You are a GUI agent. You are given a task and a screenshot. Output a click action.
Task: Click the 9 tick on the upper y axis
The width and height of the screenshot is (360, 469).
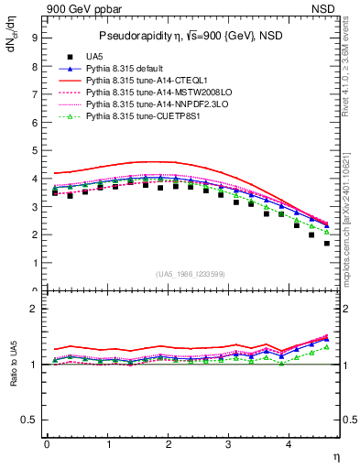coord(34,38)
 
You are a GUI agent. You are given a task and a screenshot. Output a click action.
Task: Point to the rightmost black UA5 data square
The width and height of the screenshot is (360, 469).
coord(327,243)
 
